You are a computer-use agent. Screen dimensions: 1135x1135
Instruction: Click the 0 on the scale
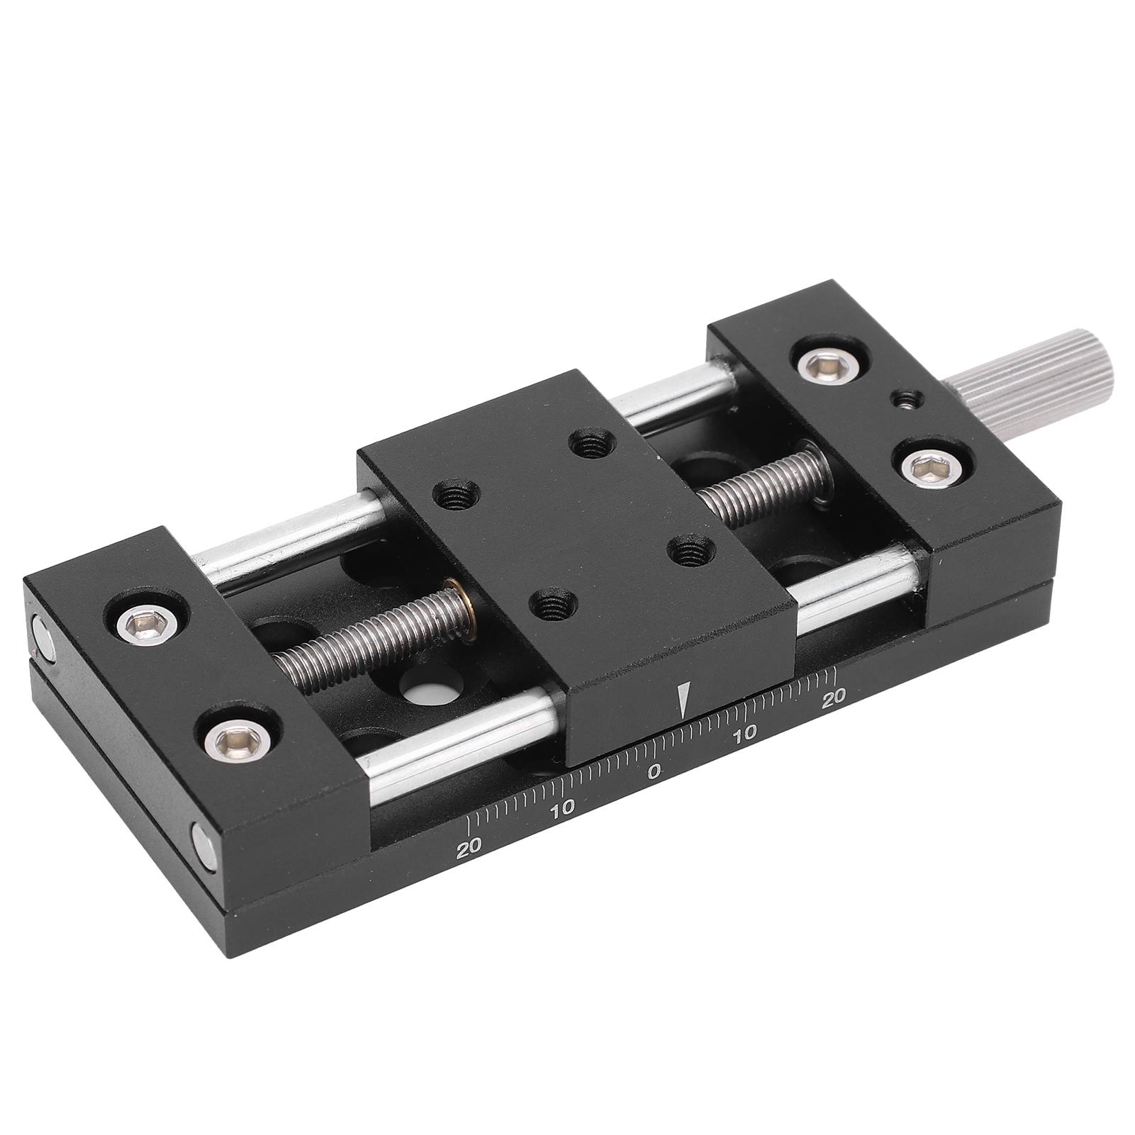point(654,771)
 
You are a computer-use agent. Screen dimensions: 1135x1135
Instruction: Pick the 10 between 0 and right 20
point(745,732)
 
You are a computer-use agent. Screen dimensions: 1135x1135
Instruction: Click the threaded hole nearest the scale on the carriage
point(552,603)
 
